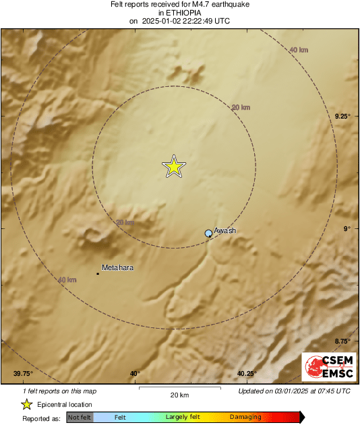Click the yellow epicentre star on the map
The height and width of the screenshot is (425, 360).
point(174,166)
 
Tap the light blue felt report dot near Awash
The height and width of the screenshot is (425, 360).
point(208,233)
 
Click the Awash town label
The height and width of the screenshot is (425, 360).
point(225,230)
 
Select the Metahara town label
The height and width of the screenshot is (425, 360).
point(117,267)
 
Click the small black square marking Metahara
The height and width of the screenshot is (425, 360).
point(98,273)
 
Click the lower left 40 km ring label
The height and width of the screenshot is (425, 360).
point(67,280)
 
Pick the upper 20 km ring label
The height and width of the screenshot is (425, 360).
point(241,107)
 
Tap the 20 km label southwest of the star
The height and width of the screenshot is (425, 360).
point(125,222)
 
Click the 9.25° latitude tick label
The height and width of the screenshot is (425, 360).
point(343,116)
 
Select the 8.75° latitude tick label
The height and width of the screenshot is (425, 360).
point(343,341)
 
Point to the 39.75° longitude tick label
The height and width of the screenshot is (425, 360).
point(23,374)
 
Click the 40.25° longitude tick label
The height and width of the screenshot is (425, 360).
point(247,374)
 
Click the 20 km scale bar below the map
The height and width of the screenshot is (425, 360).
point(179,389)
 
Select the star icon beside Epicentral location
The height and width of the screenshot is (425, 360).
point(26,404)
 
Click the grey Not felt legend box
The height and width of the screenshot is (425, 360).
point(80,418)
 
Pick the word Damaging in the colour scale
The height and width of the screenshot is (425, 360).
point(245,418)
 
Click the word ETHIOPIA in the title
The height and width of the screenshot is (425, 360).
point(179,13)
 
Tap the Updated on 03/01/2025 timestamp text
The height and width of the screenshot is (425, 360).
point(295,391)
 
